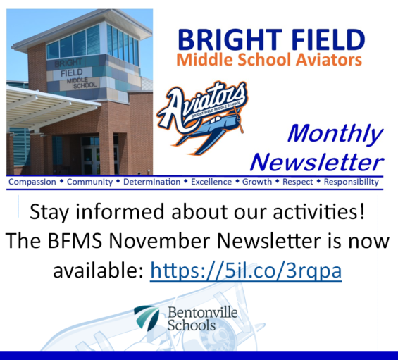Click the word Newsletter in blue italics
click(x=317, y=162)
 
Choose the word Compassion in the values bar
click(x=33, y=182)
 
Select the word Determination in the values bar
click(x=151, y=182)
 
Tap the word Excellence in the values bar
click(x=211, y=182)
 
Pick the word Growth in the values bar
click(x=257, y=182)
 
